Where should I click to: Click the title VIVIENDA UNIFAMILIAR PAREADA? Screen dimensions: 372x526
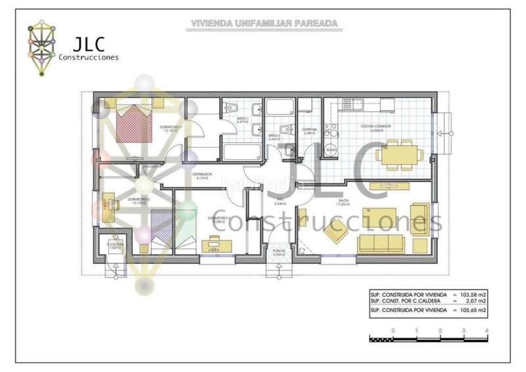coord(264,23)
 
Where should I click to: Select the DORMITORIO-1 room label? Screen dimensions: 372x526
coord(171,126)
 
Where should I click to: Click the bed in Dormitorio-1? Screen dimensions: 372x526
coord(136,124)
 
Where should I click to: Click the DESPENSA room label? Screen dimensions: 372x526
coord(310,130)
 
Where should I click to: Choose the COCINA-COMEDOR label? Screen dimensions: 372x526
coord(372,128)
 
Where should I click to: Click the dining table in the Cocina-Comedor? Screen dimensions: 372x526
coord(397,156)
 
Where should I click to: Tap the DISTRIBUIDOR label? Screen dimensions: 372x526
coord(203,175)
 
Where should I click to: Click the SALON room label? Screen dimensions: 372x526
coord(343,201)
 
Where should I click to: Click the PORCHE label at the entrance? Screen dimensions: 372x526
coord(279,252)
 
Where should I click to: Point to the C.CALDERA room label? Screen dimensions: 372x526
coord(116,244)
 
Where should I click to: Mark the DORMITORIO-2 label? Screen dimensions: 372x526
coord(139,199)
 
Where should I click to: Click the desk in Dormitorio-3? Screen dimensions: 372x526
coord(216,245)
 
